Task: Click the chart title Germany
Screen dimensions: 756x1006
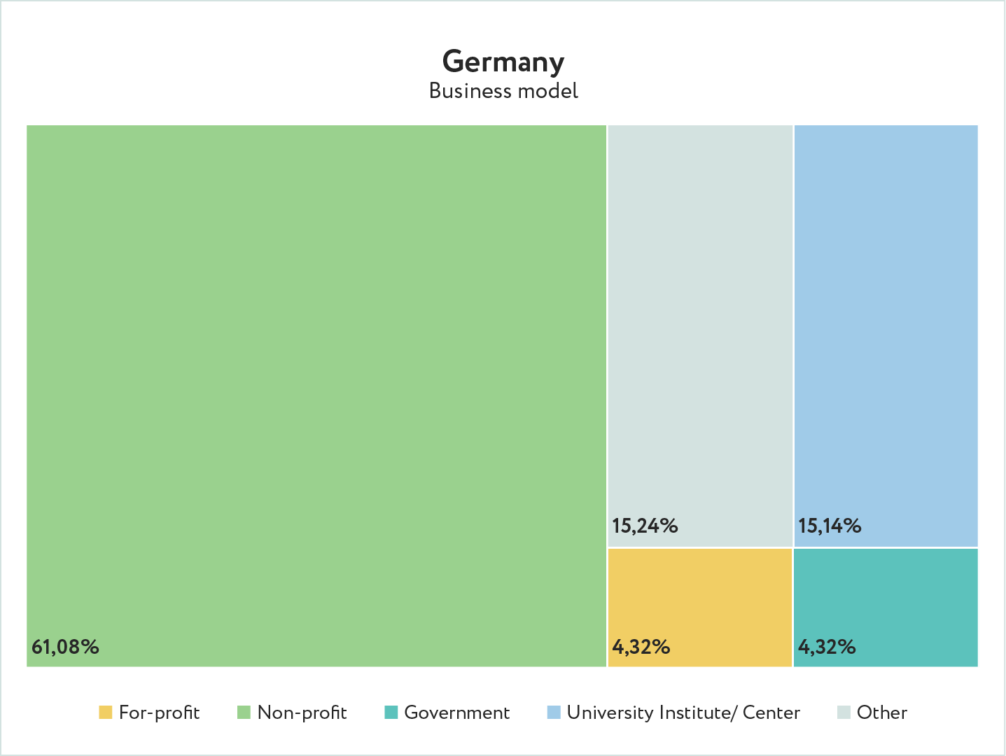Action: coord(503,62)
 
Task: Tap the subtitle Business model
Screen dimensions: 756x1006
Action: coord(503,91)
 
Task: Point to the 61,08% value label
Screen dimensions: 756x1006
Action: coord(65,647)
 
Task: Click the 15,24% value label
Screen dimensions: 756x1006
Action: coord(645,526)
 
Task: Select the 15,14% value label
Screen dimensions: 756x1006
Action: coord(830,526)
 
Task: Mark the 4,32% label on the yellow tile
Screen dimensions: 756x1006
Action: coord(641,647)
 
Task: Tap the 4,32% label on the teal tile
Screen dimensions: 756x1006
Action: coord(827,647)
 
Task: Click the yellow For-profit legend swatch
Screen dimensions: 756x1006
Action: coord(106,713)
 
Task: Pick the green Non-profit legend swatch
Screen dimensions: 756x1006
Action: coord(244,713)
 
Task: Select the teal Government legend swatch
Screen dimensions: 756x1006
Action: coord(391,713)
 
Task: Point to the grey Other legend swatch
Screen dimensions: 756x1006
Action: coord(844,713)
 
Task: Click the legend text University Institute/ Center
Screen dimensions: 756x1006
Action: coord(683,713)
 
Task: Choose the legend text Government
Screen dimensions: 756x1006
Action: coord(457,713)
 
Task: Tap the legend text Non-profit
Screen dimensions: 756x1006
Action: coord(302,713)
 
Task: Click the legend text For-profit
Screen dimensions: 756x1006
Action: coord(160,713)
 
